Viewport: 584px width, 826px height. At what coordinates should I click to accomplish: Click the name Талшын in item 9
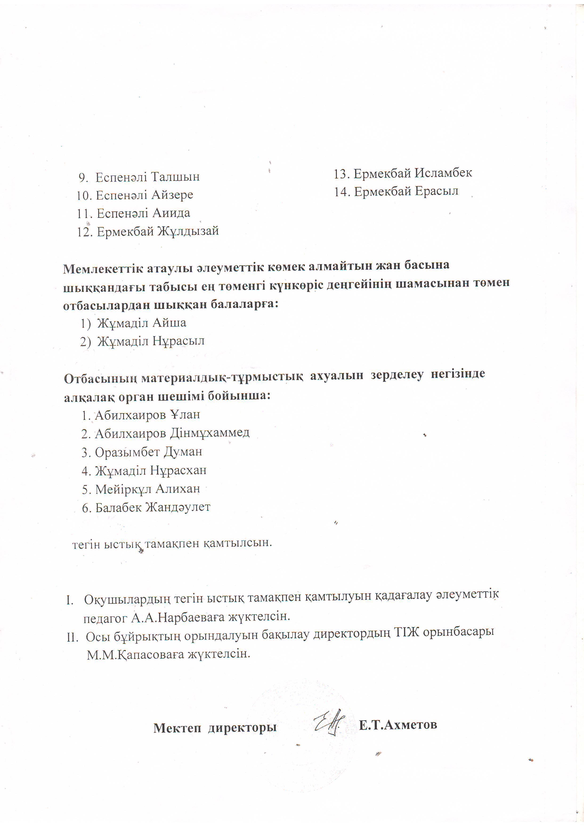coord(175,177)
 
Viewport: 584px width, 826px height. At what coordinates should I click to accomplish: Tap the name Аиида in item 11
coord(171,213)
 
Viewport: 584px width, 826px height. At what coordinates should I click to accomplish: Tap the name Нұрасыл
coord(178,341)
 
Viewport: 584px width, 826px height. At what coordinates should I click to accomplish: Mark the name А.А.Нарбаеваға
coord(179,618)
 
